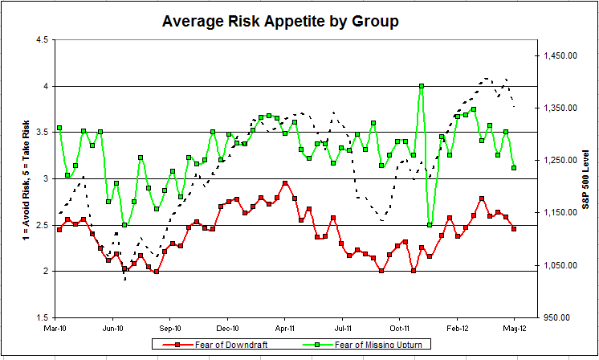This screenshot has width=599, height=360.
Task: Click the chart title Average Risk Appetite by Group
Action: coord(279,21)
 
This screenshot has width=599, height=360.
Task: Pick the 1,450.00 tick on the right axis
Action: coord(560,55)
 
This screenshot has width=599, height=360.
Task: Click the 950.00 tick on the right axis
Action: coord(563,317)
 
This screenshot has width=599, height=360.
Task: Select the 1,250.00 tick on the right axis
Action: coord(560,161)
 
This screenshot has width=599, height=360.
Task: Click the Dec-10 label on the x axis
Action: coord(228,329)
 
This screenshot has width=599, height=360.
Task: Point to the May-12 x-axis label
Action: coord(514,329)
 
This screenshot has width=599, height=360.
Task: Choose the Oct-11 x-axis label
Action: coord(400,329)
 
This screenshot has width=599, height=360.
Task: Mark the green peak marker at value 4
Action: coord(422,86)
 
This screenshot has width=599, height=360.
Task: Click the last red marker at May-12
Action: coord(514,229)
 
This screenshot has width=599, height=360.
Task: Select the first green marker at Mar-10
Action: coord(59,129)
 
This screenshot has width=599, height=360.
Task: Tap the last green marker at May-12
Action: coord(514,168)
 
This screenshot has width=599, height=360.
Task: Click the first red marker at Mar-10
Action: coord(59,230)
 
